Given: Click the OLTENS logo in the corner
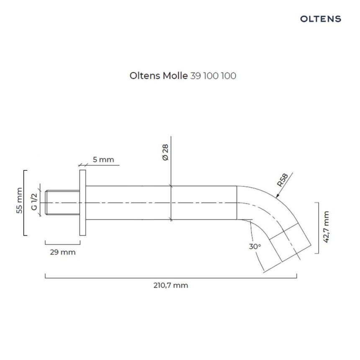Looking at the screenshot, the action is click(321, 19).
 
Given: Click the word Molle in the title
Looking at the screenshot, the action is click(175, 75).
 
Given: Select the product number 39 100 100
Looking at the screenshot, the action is click(213, 76).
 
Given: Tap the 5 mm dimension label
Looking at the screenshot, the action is click(103, 159).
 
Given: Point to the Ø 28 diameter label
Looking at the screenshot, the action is click(165, 152).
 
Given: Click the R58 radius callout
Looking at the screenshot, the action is click(283, 180).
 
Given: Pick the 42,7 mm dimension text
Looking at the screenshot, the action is click(326, 227).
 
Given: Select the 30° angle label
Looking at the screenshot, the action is click(255, 247).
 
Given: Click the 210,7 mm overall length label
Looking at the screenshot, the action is click(171, 285).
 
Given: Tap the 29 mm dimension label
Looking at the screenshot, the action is click(63, 252).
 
